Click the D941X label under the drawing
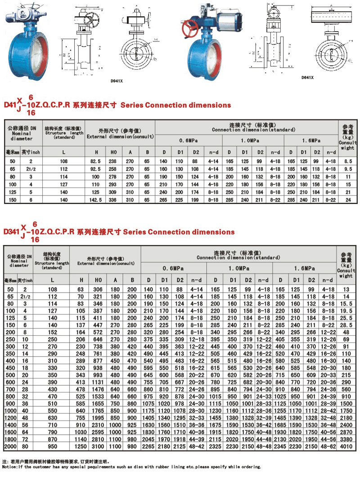point(117,81)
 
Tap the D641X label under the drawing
point(307,77)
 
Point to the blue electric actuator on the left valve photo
point(18,16)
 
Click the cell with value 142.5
point(95,198)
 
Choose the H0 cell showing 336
point(113,198)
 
